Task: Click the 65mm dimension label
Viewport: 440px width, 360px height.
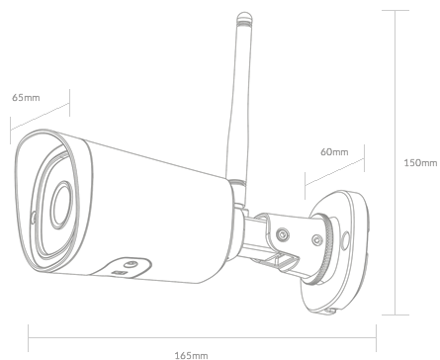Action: point(26,98)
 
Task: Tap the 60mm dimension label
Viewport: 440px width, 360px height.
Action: point(334,151)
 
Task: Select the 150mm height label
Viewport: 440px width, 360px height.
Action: point(420,162)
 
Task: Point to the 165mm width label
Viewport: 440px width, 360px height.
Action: point(191,355)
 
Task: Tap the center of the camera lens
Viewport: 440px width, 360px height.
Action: point(61,205)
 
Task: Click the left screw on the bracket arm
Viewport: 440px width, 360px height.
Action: point(283,234)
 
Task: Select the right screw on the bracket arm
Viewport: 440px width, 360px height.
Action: point(317,239)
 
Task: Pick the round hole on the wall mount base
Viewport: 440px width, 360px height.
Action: point(345,240)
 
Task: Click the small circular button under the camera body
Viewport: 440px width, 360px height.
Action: point(131,264)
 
